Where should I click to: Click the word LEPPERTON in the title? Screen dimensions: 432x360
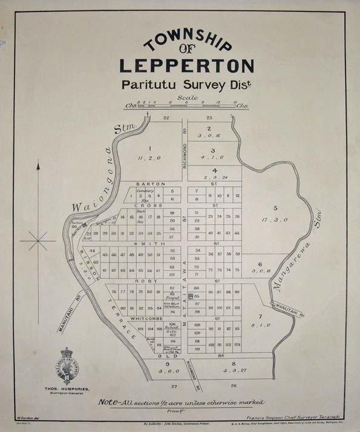(186, 65)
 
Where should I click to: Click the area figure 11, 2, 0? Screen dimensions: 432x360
(149, 158)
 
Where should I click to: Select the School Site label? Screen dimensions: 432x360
(172, 330)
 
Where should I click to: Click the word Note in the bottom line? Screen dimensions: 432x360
(109, 402)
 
